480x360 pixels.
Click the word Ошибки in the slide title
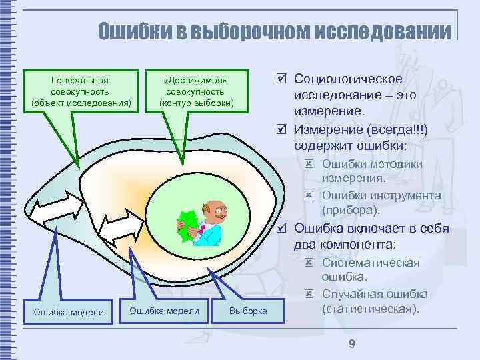[x=131, y=31]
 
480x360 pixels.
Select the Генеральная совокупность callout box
[x=81, y=91]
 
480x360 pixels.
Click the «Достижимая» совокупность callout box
[x=196, y=91]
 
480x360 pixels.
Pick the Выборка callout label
[x=248, y=311]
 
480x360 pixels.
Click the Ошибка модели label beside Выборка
[x=164, y=311]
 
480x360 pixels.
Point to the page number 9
[x=351, y=344]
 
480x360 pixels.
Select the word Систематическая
[x=371, y=262]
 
